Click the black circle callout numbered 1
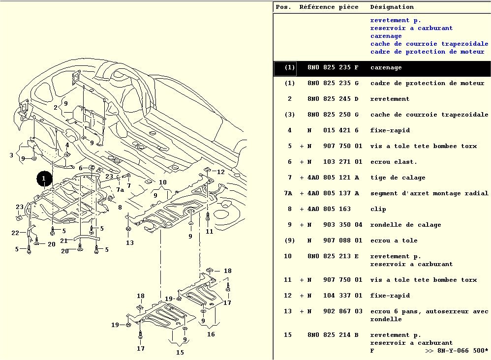44,179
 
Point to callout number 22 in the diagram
15,233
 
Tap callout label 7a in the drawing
120,190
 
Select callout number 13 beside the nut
129,242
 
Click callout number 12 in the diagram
220,172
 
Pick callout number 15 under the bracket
180,352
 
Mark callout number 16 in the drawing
211,334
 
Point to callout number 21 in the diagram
63,240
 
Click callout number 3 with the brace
11,155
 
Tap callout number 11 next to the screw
210,231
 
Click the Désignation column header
392,7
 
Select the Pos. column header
283,7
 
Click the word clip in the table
378,209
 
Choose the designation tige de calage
398,178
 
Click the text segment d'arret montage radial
429,193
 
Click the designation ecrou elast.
394,162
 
